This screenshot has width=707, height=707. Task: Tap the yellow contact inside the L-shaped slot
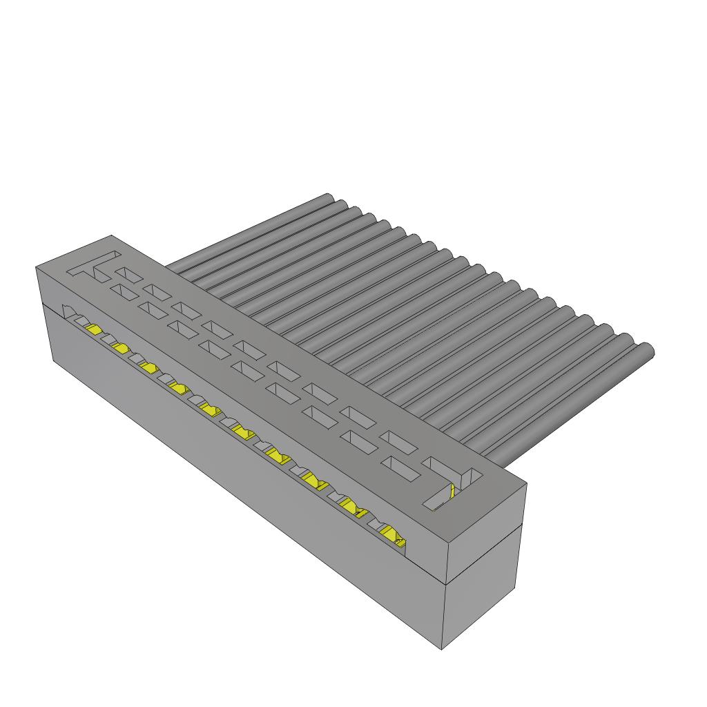452,492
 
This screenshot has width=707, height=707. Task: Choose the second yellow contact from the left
119,347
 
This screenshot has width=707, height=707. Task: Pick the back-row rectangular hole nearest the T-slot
128,275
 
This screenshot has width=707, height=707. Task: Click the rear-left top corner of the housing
110,236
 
